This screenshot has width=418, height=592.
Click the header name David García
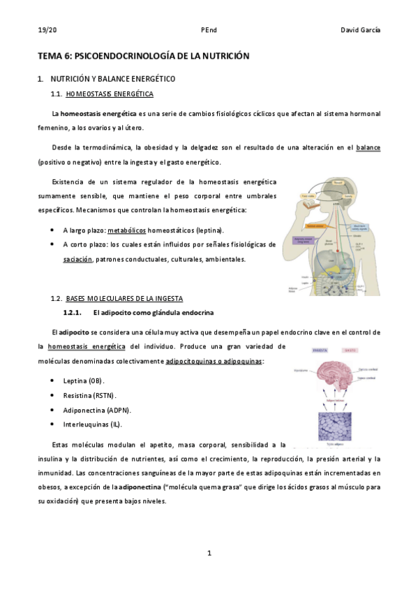[360, 30]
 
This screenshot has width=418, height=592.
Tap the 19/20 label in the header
[47, 30]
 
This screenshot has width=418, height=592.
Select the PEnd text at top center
[209, 30]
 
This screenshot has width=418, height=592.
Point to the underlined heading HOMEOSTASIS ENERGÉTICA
[114, 94]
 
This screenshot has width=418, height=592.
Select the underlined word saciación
[77, 259]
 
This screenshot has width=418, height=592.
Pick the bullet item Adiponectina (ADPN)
[97, 410]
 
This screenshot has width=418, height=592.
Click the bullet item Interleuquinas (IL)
[95, 424]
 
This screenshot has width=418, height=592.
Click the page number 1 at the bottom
[209, 554]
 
